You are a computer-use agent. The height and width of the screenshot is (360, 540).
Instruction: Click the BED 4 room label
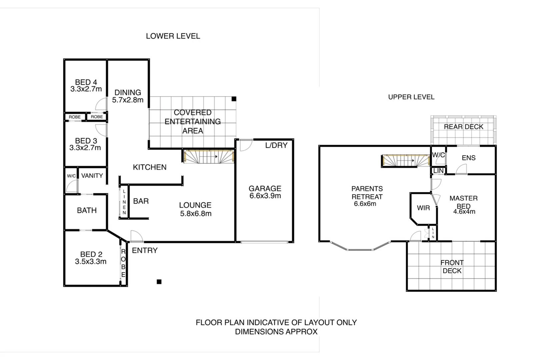click(x=86, y=82)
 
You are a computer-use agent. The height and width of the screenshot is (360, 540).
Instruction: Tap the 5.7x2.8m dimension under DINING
click(x=128, y=100)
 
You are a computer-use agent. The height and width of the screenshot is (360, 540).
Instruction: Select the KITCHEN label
click(x=150, y=167)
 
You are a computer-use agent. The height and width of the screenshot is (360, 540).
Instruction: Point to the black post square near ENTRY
click(x=159, y=282)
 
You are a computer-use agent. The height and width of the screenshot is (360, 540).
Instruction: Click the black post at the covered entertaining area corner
click(x=234, y=99)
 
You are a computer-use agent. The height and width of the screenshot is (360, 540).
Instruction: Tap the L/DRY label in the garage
click(x=276, y=145)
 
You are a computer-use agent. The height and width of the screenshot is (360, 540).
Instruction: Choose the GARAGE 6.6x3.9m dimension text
click(x=265, y=196)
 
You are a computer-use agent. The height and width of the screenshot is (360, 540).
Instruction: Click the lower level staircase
click(x=209, y=156)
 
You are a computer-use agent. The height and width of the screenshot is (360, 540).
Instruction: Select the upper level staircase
click(x=406, y=161)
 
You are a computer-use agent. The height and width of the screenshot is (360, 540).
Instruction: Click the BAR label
click(x=141, y=201)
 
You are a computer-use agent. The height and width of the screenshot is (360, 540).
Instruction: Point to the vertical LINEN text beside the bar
click(x=124, y=202)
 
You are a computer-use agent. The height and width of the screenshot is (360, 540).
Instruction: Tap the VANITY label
click(x=92, y=176)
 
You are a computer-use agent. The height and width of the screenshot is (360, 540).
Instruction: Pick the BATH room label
click(x=87, y=210)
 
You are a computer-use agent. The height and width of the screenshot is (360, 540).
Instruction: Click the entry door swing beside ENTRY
click(x=136, y=236)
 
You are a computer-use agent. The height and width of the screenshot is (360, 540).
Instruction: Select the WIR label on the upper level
click(x=423, y=208)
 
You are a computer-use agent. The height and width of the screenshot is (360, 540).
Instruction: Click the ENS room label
click(x=469, y=158)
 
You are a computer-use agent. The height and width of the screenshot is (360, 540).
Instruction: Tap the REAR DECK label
click(x=463, y=127)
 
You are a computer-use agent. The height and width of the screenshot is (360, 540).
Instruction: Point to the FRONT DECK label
click(x=452, y=267)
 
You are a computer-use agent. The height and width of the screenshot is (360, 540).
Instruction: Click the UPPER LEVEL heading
click(x=411, y=97)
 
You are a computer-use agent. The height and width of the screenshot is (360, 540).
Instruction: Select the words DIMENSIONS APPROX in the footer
click(x=276, y=332)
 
